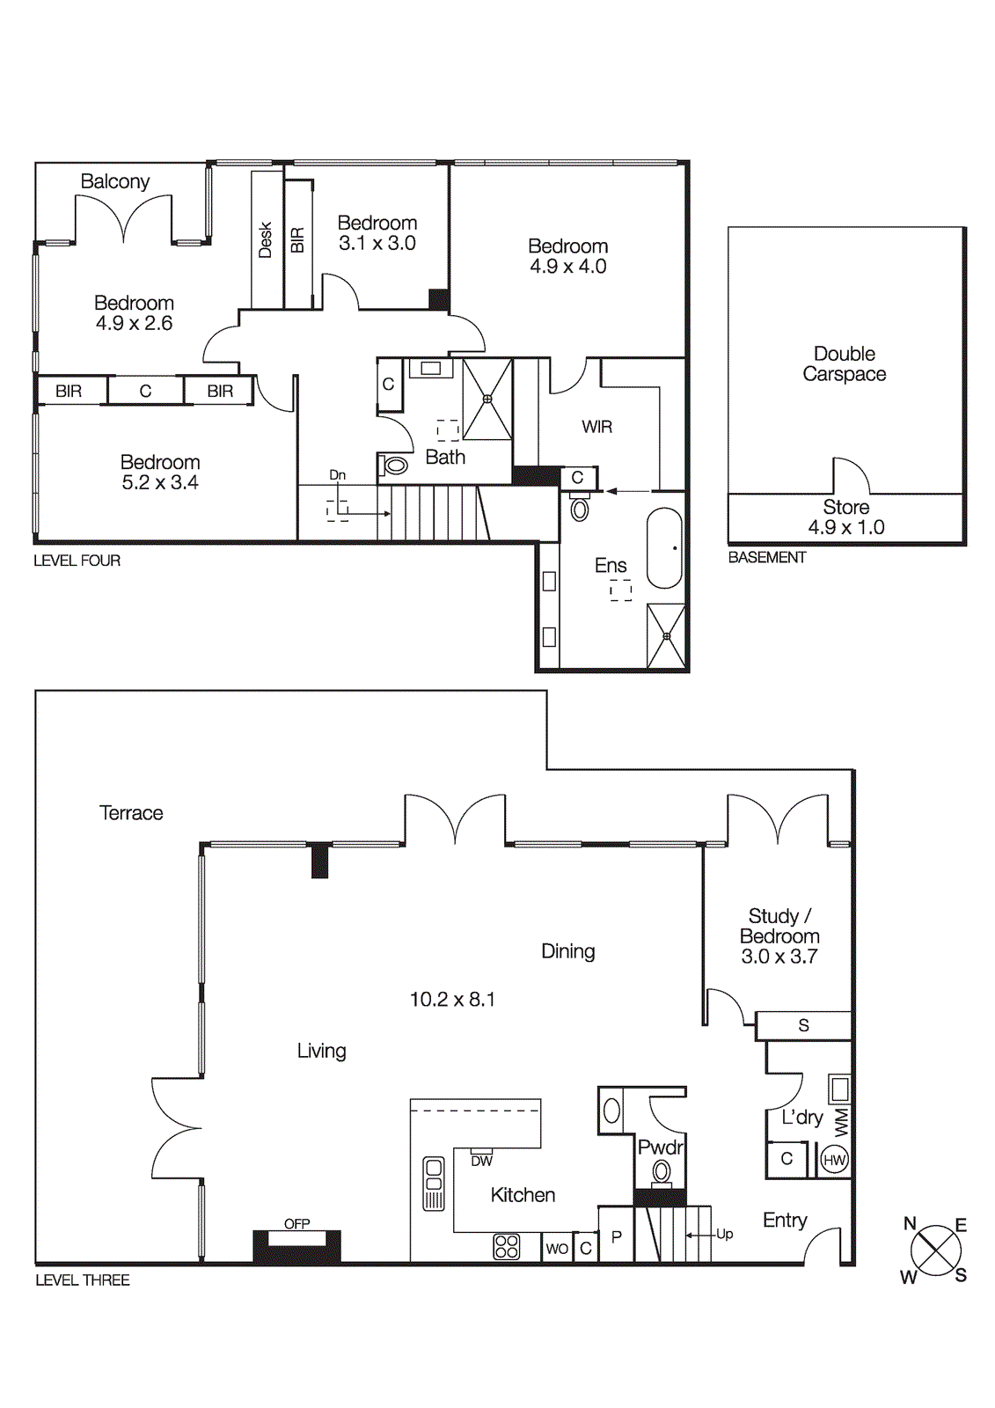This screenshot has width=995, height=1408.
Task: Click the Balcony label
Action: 114,181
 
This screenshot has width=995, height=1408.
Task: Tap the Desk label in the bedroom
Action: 265,239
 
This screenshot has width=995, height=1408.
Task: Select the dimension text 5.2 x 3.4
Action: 160,482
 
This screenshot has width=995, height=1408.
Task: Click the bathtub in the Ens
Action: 664,547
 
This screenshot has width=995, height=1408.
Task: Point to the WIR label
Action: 596,427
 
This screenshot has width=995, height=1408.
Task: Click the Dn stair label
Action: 337,475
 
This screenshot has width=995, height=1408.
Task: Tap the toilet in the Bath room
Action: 395,465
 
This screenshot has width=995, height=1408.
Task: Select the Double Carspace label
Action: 844,363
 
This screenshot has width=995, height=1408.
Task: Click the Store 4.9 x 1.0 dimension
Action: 846,527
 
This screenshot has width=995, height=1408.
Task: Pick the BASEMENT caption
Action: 766,557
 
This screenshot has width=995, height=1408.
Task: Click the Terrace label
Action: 131,813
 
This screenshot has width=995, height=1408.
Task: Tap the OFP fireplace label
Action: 296,1223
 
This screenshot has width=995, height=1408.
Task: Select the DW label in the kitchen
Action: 481,1161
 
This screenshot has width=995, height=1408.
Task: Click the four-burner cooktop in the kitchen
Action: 507,1246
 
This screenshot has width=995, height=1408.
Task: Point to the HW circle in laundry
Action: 834,1160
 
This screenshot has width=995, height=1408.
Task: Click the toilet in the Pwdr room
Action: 662,1172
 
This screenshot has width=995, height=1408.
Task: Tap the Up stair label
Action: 724,1234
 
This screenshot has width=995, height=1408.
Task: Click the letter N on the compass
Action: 910,1223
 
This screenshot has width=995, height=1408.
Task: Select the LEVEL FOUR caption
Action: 77,561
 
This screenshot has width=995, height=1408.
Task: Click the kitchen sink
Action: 434,1183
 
